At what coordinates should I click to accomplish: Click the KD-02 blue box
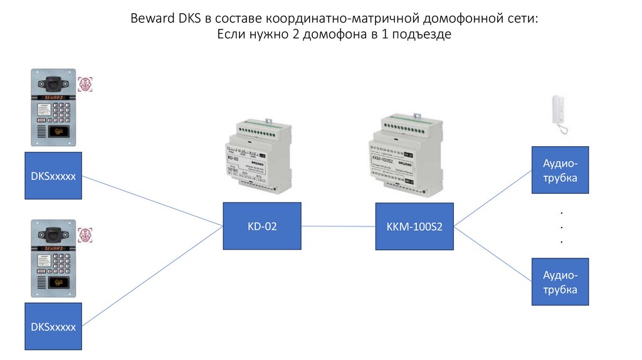coord(262,226)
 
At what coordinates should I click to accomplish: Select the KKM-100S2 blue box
coord(414,226)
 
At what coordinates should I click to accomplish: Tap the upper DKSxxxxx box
coord(53,176)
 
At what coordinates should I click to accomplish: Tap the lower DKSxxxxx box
coord(53,326)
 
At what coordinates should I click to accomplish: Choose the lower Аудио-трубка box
coord(560,282)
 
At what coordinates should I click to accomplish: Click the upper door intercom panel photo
coord(53,107)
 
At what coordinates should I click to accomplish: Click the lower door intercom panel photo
coord(53,258)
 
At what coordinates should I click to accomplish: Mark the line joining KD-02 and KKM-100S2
coord(338,226)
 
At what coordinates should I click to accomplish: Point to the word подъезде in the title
coord(425,35)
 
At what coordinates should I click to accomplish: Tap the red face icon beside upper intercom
coord(85,85)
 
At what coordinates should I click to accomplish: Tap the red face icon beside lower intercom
coord(85,235)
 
